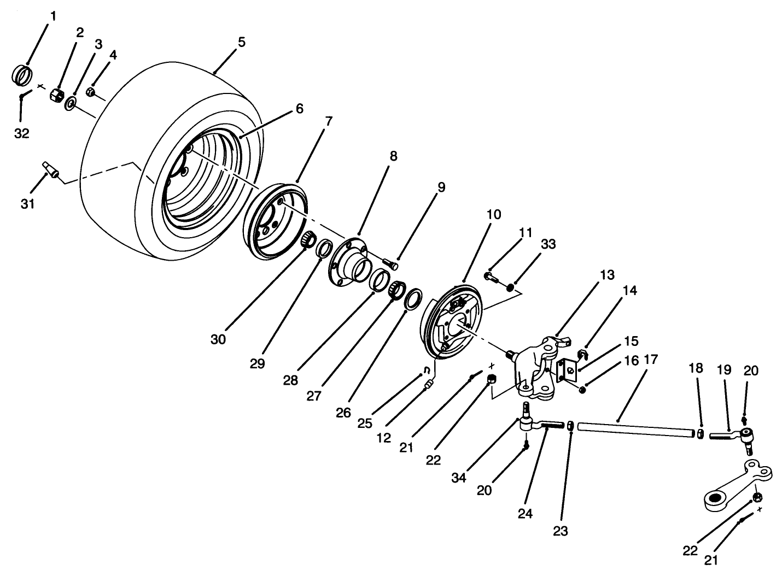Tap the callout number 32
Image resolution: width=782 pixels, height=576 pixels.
click(x=21, y=133)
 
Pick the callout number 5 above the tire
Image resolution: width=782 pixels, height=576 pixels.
click(x=241, y=42)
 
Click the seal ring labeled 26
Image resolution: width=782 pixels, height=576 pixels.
click(x=413, y=299)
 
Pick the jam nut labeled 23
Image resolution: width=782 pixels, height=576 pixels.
click(x=570, y=425)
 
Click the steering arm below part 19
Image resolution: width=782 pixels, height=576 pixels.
click(x=736, y=486)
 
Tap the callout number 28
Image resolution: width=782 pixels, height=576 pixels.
click(x=290, y=380)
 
